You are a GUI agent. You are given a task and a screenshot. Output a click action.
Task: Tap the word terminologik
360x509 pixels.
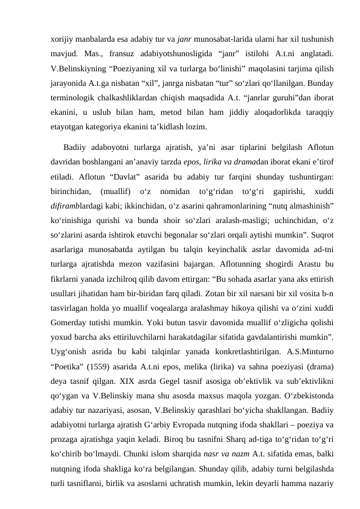(x=73, y=98)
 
